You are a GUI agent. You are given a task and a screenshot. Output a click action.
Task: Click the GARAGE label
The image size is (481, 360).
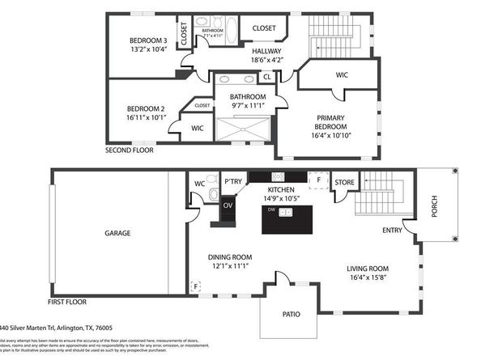tap(117, 233)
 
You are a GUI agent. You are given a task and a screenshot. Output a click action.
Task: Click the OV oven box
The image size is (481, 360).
tap(228, 205)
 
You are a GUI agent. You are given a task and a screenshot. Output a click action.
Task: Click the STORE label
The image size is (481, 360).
tap(345, 182)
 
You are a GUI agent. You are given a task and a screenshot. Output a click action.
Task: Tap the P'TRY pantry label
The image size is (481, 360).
tap(233, 181)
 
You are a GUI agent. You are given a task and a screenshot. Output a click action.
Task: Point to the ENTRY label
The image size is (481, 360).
tap(394, 231)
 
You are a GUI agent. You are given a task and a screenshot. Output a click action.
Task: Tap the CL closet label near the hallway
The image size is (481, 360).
tap(267, 78)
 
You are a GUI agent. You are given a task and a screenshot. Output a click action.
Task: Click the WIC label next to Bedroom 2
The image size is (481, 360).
tap(198, 128)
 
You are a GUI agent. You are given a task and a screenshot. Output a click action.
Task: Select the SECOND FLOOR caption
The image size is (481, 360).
tap(130, 150)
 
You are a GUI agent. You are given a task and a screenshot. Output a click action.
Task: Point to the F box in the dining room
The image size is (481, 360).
tap(194, 286)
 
